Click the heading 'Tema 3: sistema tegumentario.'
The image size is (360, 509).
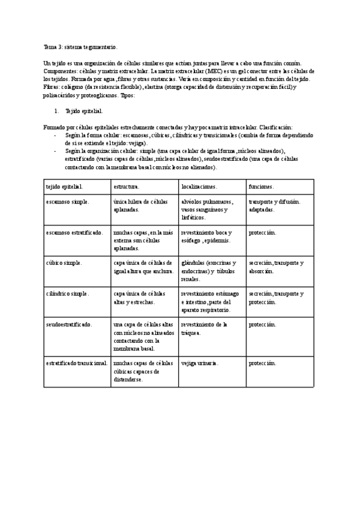tap(80, 46)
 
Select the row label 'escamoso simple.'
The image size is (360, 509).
tap(67, 202)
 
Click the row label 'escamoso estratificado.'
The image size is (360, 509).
tap(74, 232)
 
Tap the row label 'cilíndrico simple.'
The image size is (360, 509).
tap(67, 294)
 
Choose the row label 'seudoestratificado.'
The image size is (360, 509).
tap(69, 324)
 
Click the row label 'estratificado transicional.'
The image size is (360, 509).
tap(76, 363)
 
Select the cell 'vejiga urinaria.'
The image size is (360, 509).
tap(200, 363)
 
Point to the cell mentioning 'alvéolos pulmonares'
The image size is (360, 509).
tap(208, 209)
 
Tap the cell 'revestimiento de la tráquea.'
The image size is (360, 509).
tap(204, 328)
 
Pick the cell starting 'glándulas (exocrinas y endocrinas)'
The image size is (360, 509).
tap(208, 271)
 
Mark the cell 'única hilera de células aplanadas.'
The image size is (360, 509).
tap(140, 206)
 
